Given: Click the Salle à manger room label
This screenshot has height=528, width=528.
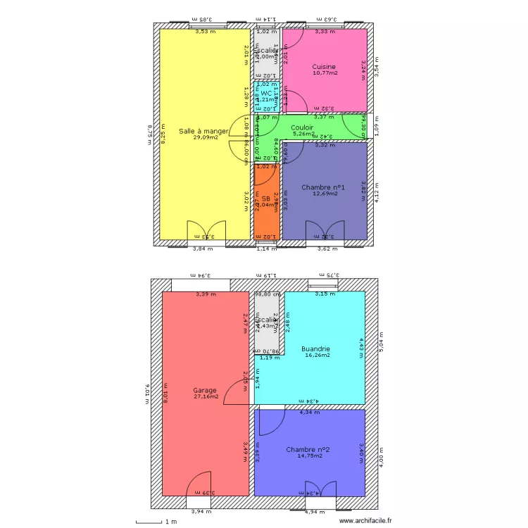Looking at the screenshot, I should coord(203,131).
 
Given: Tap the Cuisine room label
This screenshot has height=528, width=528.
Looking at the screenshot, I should coord(324,67).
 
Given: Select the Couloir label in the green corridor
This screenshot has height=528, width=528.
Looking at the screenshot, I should coord(302,127).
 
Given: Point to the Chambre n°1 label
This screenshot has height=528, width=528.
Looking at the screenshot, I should coord(323,187).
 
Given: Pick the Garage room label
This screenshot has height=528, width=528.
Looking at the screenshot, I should coord(205,390).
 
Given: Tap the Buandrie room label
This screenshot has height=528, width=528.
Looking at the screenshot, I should coord(316,348).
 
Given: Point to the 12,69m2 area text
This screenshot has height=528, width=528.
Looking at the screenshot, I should coord(324,194).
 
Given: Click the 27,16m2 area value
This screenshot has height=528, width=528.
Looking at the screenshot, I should coord(206,396).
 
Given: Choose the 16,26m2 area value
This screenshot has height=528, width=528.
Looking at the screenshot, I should coord(318,356).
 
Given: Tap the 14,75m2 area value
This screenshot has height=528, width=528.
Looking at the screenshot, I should coord(309,456).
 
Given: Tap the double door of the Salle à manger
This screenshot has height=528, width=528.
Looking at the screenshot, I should coord(206,232).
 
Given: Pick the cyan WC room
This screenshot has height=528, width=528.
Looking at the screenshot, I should coord(267,97).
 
